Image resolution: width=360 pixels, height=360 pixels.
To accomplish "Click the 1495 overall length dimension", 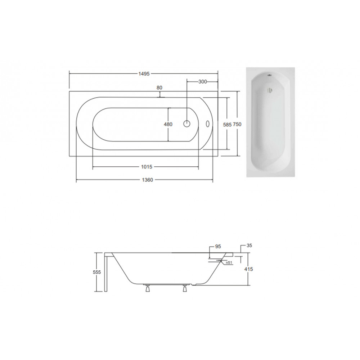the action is (144, 74).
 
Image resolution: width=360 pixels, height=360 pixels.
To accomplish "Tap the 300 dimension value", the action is (202, 82).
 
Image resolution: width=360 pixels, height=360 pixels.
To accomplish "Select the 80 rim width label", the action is (159, 88).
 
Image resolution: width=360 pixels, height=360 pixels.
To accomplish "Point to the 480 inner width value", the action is (168, 124).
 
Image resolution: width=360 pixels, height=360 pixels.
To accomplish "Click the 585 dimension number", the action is (227, 125).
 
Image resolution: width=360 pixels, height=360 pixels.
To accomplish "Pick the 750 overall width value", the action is (237, 124).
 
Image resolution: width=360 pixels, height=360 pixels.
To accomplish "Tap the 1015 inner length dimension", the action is (147, 167).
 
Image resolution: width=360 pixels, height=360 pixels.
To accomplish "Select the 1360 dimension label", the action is (147, 180).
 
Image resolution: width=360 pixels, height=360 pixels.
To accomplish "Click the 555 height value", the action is (97, 272).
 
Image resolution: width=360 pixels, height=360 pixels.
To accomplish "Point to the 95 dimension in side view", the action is (218, 246).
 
